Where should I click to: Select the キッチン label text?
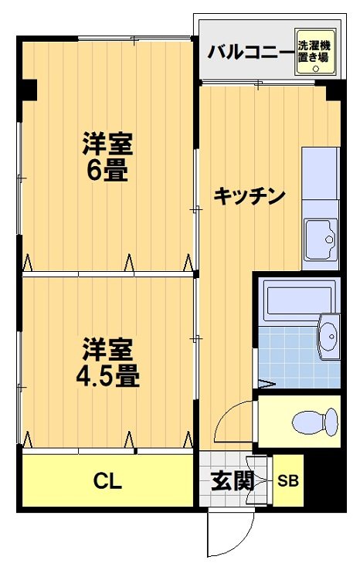click(250, 195)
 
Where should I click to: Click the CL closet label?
click(107, 481)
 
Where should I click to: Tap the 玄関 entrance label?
click(233, 480)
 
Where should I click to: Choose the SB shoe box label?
click(288, 480)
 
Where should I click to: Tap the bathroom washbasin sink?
click(329, 337)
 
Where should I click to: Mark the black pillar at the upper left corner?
click(28, 90)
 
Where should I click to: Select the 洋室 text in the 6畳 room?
click(107, 144)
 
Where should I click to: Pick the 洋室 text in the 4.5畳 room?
click(107, 350)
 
